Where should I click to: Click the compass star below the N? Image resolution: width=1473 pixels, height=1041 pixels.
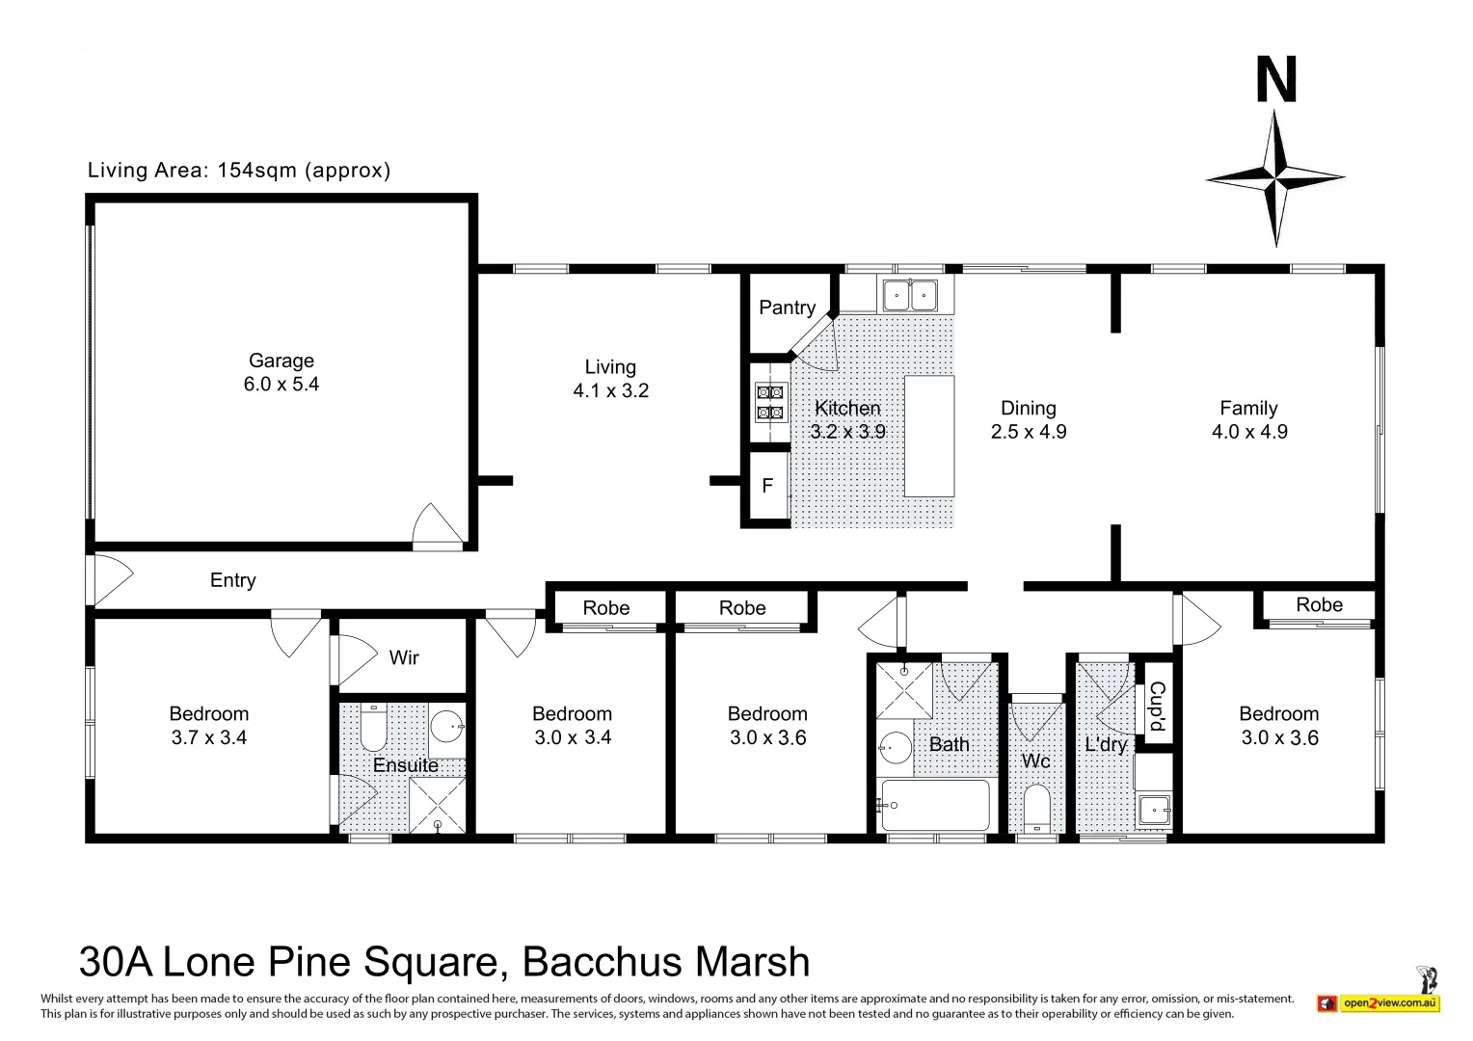click(x=1275, y=178)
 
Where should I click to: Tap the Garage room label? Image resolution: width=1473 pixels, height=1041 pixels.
click(x=281, y=360)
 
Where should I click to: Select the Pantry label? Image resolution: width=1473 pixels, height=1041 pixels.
click(x=787, y=307)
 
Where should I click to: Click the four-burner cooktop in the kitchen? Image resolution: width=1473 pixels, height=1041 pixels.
click(x=770, y=402)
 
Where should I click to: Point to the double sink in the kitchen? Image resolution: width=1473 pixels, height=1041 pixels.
click(x=909, y=294)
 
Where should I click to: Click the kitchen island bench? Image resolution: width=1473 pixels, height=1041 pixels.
click(x=929, y=436)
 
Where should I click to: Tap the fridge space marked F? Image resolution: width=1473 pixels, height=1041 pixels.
click(x=767, y=486)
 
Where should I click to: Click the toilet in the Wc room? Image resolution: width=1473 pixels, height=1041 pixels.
click(x=1036, y=808)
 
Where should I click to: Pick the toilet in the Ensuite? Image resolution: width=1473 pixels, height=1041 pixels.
click(x=373, y=729)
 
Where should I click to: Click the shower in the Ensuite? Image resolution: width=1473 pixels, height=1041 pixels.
click(x=437, y=804)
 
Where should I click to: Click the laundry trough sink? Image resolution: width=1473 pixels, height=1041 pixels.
click(x=1153, y=809)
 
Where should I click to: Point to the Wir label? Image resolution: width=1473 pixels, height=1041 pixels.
click(x=404, y=657)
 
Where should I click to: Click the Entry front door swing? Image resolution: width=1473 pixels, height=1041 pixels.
click(x=109, y=579)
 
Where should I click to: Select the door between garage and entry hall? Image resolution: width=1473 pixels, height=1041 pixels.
click(x=437, y=526)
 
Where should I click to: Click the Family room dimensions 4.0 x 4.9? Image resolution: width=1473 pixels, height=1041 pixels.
click(x=1249, y=432)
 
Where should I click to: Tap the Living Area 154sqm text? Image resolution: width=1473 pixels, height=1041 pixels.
click(x=239, y=171)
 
